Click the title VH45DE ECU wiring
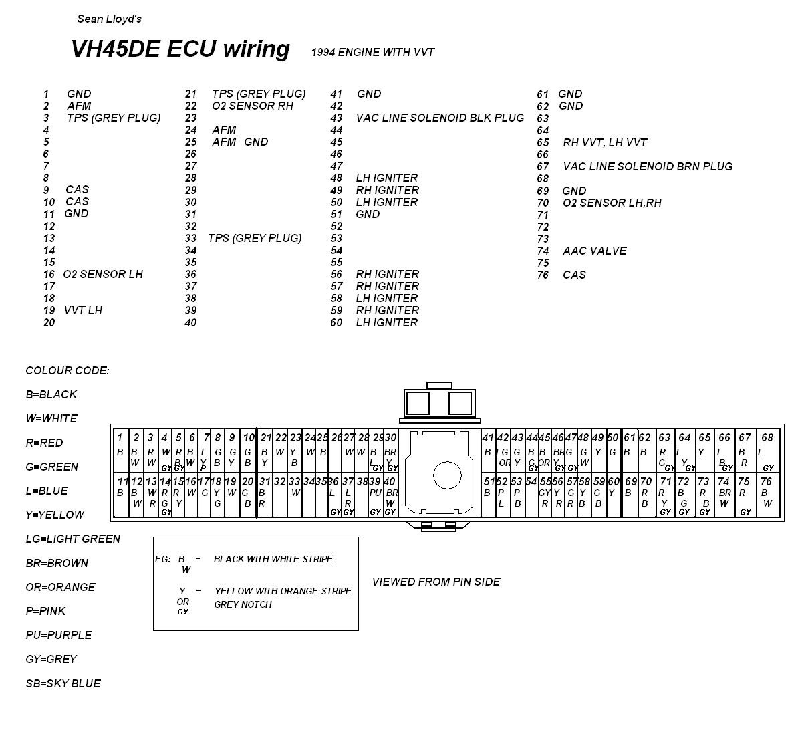pos(180,49)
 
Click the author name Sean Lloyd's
pos(109,19)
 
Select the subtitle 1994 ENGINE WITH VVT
pos(373,53)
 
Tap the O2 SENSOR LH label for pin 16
pos(103,275)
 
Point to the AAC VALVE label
pos(594,251)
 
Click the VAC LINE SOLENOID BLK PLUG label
pos(440,118)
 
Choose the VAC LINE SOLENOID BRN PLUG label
pos(648,166)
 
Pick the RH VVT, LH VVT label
pos(605,142)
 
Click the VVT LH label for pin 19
pos(83,311)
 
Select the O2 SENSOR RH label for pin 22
pos(252,106)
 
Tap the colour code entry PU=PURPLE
pos(59,635)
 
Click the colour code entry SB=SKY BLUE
pos(63,683)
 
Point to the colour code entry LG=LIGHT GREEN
pos(73,539)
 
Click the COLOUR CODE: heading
pos(67,371)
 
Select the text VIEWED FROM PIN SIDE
pos(436,582)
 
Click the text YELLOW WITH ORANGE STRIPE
pos(283,591)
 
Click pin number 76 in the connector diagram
pos(766,481)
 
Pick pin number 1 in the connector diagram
pos(120,438)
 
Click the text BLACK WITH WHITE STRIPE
pos(273,559)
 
